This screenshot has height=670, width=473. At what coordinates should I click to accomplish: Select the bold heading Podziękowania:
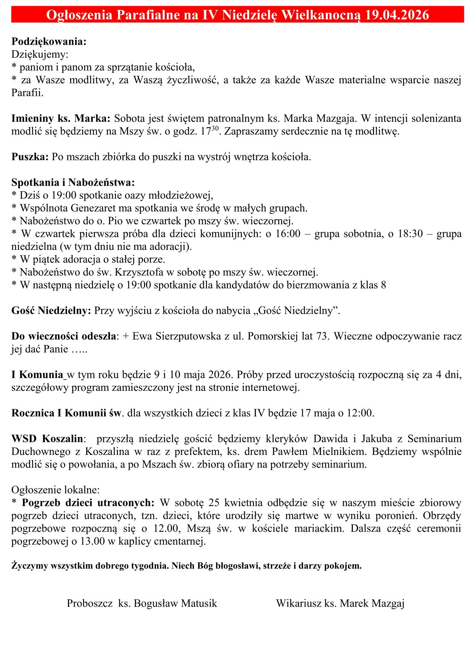(49, 42)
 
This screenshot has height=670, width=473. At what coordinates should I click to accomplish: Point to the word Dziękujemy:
(40, 55)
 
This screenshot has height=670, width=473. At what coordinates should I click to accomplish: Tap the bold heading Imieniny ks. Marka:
(61, 118)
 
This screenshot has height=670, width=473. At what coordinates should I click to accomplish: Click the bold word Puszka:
(30, 157)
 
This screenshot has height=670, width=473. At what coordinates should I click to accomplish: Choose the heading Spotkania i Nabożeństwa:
(73, 183)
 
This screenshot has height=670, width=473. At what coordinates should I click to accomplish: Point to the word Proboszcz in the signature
(89, 604)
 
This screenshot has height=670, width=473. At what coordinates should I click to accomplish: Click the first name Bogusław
(155, 604)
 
